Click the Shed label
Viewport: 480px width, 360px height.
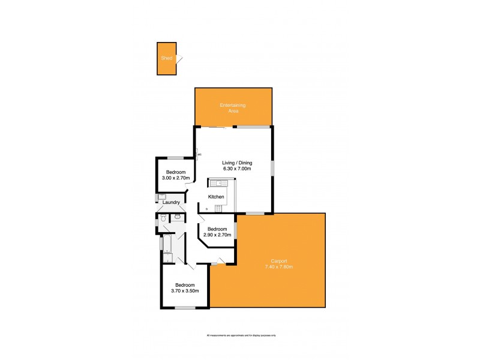pyautogui.click(x=166, y=58)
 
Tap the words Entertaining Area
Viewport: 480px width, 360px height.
pyautogui.click(x=233, y=109)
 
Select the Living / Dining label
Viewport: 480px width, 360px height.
pyautogui.click(x=236, y=163)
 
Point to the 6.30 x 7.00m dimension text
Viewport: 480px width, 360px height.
pyautogui.click(x=236, y=169)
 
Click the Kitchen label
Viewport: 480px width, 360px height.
pyautogui.click(x=216, y=197)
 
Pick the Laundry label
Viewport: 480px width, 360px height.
pyautogui.click(x=172, y=202)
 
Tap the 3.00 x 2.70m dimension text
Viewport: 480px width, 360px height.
pyautogui.click(x=176, y=178)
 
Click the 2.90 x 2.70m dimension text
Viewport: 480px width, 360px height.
pyautogui.click(x=217, y=235)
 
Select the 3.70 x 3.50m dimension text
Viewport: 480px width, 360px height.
pyautogui.click(x=184, y=290)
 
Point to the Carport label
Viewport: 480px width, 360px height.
pyautogui.click(x=279, y=261)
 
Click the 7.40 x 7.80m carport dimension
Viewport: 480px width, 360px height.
pyautogui.click(x=279, y=266)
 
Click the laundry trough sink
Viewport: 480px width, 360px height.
pyautogui.click(x=161, y=197)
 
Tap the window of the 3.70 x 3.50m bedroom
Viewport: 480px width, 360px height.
pyautogui.click(x=185, y=308)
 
